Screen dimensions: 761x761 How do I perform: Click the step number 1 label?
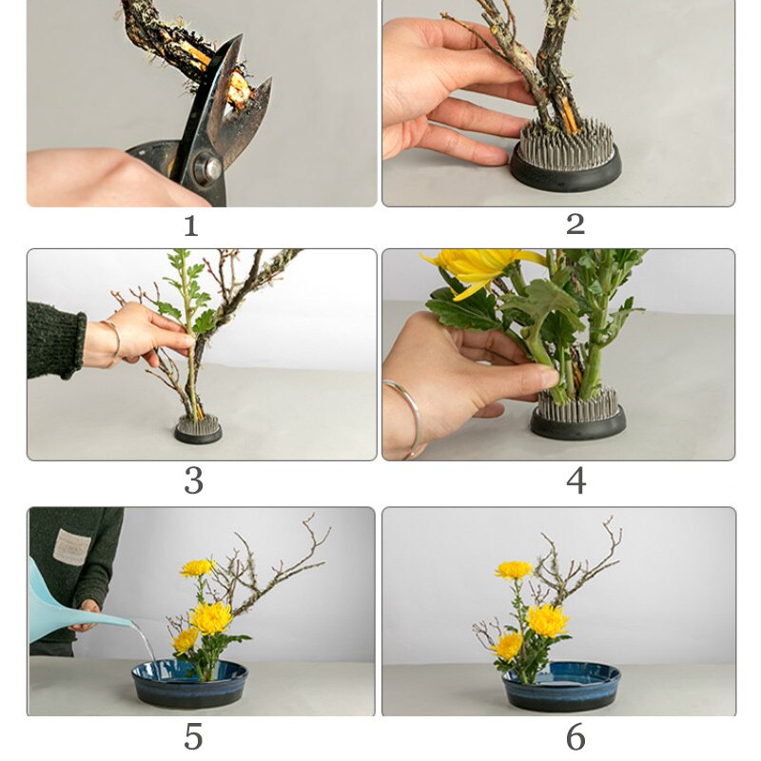pyautogui.click(x=190, y=225)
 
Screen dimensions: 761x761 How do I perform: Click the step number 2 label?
pyautogui.click(x=575, y=224)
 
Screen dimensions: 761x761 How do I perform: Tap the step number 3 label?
pyautogui.click(x=193, y=480)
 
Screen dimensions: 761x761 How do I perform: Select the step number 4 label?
pyautogui.click(x=576, y=480)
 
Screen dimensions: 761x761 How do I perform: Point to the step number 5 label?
pyautogui.click(x=193, y=736)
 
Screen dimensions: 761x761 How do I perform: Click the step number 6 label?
pyautogui.click(x=576, y=736)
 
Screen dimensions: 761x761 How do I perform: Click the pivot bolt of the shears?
pyautogui.click(x=208, y=168)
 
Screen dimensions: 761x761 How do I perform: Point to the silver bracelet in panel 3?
pyautogui.click(x=113, y=341)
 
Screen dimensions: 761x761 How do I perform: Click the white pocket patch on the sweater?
pyautogui.click(x=71, y=546)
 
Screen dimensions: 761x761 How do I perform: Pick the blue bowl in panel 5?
pyautogui.click(x=189, y=684)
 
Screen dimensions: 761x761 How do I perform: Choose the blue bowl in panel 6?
pyautogui.click(x=561, y=687)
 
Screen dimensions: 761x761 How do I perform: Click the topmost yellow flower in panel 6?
pyautogui.click(x=513, y=570)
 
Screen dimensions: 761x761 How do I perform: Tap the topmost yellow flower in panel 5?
pyautogui.click(x=197, y=568)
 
